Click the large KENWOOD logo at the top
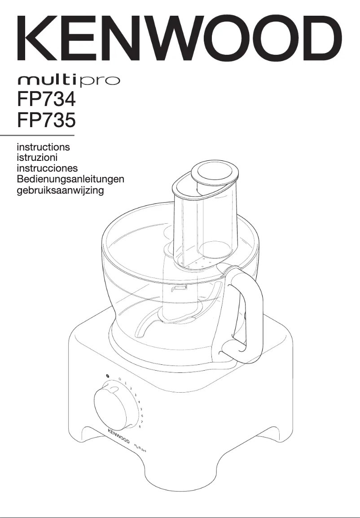[x=180, y=40]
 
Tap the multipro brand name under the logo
[x=68, y=81]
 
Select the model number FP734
[x=45, y=99]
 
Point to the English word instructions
[x=43, y=146]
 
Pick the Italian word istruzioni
[x=37, y=157]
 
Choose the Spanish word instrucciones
[x=47, y=168]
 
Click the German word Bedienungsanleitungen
[x=70, y=179]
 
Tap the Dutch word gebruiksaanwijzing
[x=60, y=190]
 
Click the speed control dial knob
[x=115, y=406]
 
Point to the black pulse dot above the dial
[x=108, y=376]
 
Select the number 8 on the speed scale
[x=140, y=426]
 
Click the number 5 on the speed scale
[x=141, y=409]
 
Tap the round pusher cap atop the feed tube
[x=213, y=173]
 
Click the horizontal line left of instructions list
[x=37, y=135]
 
